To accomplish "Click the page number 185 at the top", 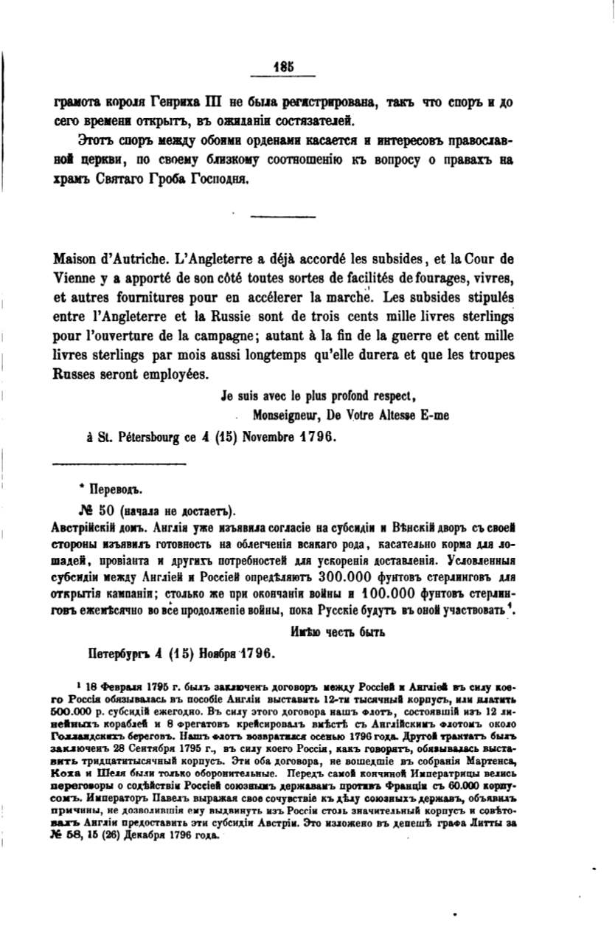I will coord(284,65).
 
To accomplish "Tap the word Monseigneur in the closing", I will coord(286,415).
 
